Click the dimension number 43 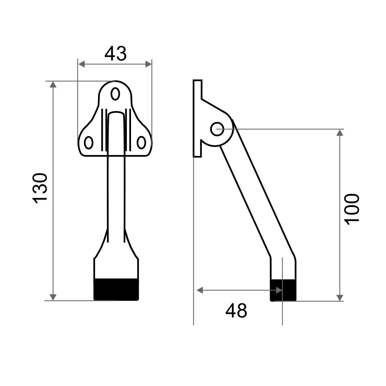pyautogui.click(x=116, y=53)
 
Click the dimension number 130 pyautogui.click(x=40, y=189)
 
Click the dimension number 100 pyautogui.click(x=352, y=209)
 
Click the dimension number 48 pyautogui.click(x=236, y=310)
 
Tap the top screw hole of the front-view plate pyautogui.click(x=115, y=94)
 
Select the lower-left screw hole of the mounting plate pyautogui.click(x=89, y=143)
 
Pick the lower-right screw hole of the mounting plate pyautogui.click(x=141, y=143)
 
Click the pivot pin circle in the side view pyautogui.click(x=217, y=129)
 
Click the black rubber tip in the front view pyautogui.click(x=116, y=289)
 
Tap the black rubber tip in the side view pyautogui.click(x=283, y=290)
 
